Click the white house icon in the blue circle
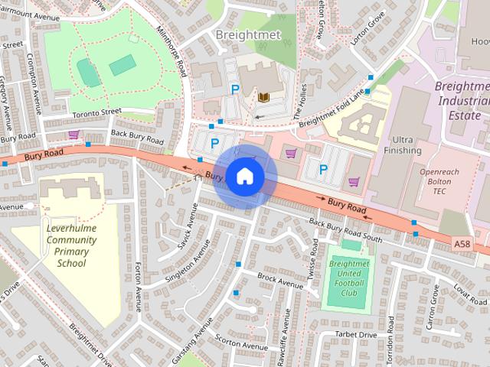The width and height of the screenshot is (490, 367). [x=244, y=176]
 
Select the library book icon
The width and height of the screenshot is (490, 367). [x=263, y=97]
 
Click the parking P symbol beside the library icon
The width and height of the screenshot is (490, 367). [x=236, y=90]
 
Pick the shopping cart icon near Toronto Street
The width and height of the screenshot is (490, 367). [x=73, y=135]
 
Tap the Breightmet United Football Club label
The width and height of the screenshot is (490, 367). [x=348, y=278]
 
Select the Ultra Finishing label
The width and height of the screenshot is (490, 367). [x=407, y=145]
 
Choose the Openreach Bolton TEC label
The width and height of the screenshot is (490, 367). [x=439, y=180]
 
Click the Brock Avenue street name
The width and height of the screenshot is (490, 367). [x=281, y=280]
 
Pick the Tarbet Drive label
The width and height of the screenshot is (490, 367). [x=357, y=335]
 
